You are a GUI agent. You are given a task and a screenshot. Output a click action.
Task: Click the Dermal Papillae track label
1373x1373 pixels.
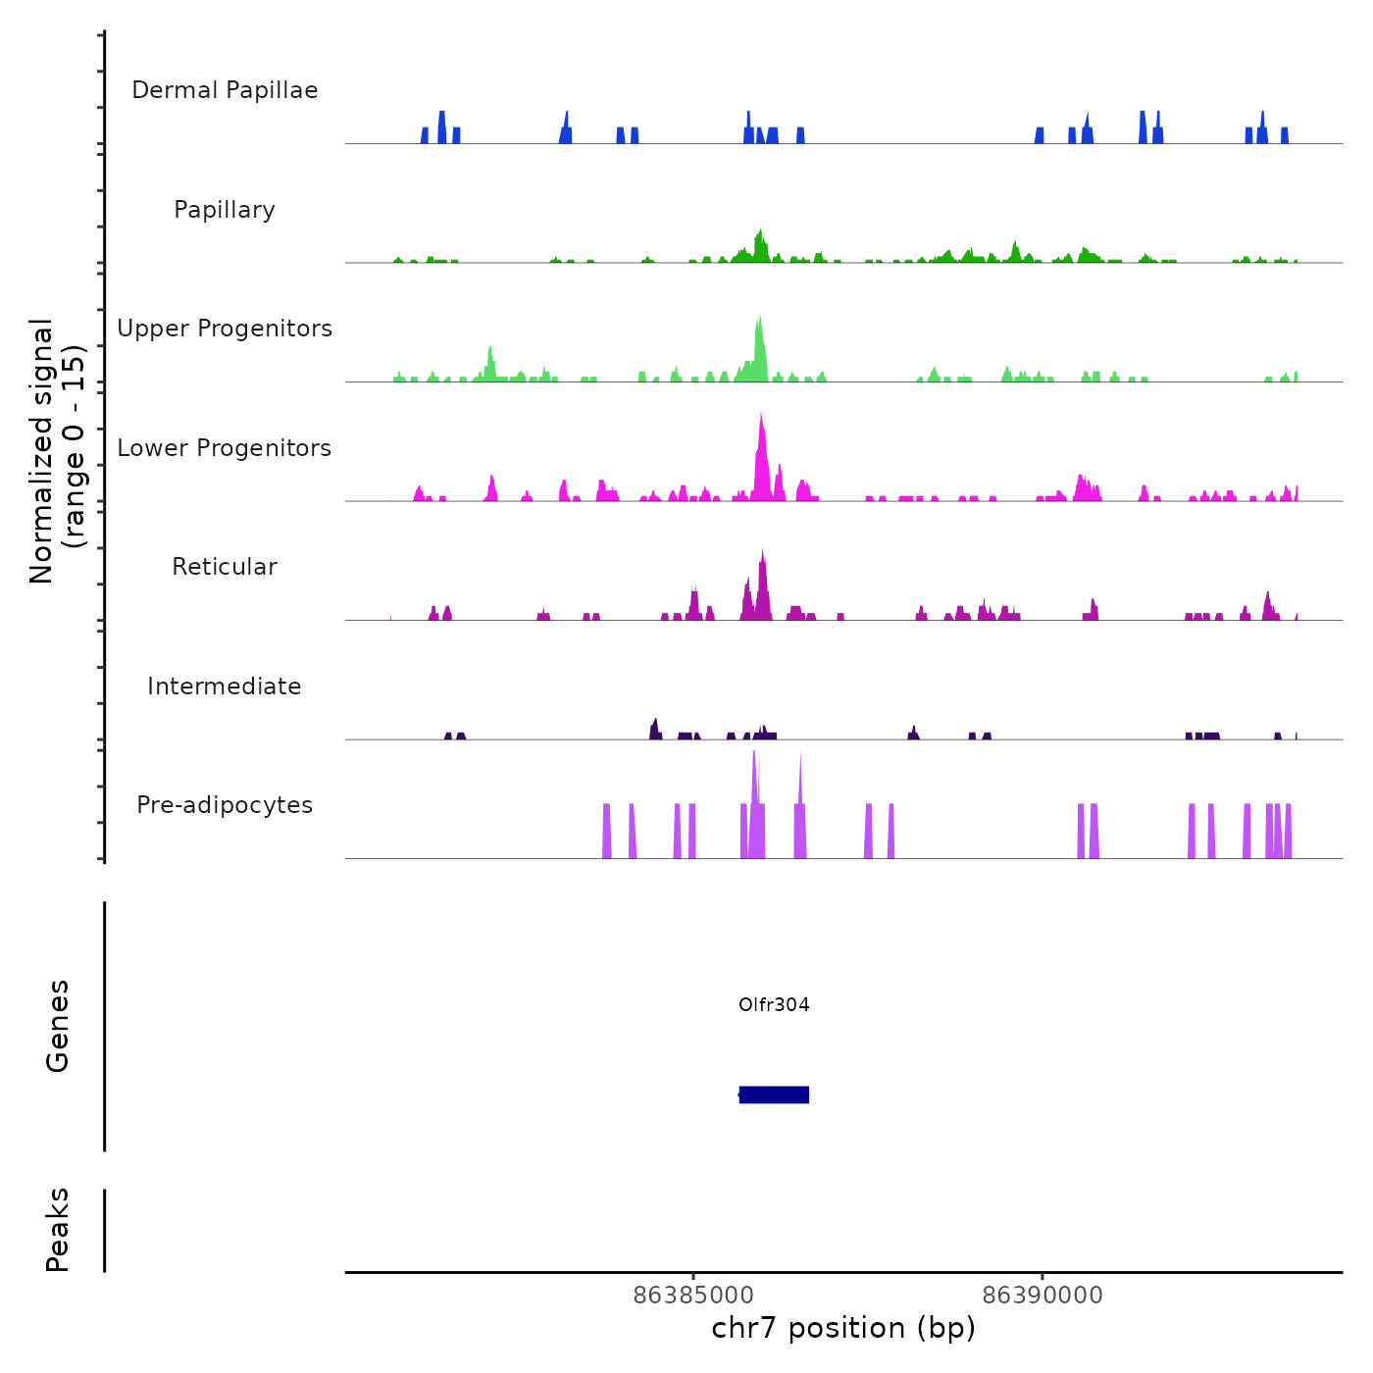click(x=225, y=90)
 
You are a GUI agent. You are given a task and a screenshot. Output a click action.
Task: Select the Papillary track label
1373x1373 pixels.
click(x=225, y=210)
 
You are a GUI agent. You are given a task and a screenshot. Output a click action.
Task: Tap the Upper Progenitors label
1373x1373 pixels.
click(x=225, y=329)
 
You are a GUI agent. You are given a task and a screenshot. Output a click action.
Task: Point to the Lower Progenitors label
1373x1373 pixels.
click(x=225, y=448)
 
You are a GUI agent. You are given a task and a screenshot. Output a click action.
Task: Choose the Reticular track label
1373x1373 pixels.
click(x=225, y=567)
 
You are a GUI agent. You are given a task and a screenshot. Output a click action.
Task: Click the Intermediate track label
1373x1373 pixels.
click(x=225, y=686)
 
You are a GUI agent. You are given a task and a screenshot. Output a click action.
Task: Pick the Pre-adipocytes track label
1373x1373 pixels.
click(x=225, y=805)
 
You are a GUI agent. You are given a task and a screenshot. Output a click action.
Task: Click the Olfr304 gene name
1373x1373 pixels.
click(x=774, y=1004)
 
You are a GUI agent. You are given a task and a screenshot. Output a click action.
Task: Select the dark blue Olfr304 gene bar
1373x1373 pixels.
click(x=774, y=1094)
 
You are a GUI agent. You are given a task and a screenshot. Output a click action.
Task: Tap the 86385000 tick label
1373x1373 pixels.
click(x=693, y=1295)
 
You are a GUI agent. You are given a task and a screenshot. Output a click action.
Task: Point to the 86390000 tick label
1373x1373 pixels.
click(x=1042, y=1295)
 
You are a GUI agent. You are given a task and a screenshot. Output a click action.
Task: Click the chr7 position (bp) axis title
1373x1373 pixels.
click(x=843, y=1328)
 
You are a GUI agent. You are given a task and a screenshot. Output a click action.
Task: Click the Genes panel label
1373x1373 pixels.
click(x=58, y=1025)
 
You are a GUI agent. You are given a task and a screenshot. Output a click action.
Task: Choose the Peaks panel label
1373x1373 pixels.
click(x=58, y=1229)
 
